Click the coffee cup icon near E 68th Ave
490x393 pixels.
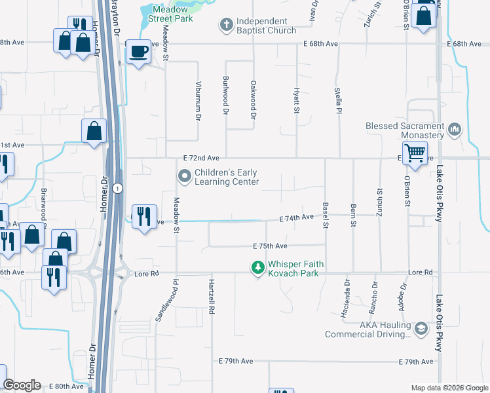[138, 51]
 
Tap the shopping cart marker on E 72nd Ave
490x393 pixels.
[415, 153]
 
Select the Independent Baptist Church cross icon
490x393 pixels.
[227, 25]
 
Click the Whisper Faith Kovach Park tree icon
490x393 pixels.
[259, 268]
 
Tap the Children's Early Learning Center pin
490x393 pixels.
[185, 176]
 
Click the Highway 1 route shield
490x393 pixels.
[116, 189]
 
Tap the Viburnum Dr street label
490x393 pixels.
[197, 102]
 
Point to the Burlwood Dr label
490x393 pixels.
[225, 99]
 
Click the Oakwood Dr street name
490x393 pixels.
[253, 100]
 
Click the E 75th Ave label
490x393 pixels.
[271, 246]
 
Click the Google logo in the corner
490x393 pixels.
[22, 385]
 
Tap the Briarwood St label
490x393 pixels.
[44, 205]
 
